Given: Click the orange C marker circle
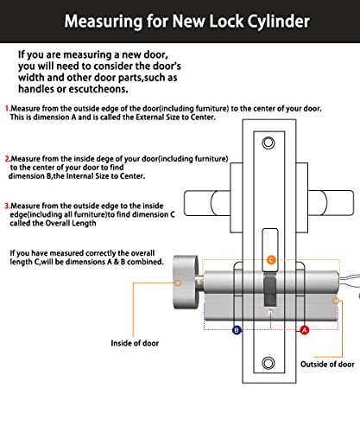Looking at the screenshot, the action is click(271, 260).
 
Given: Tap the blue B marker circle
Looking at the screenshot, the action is click(237, 330).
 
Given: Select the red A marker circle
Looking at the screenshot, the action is click(304, 330).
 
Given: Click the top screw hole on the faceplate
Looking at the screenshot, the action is click(268, 143).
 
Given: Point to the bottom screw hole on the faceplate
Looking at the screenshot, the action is click(268, 363).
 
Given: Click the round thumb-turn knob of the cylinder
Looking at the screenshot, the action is click(186, 283).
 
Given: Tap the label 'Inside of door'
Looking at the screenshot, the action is click(135, 343).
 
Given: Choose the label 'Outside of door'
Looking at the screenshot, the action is click(327, 365).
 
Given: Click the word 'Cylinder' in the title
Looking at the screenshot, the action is click(278, 22).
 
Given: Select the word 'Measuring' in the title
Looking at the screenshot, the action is click(103, 22).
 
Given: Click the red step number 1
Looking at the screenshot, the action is click(7, 109).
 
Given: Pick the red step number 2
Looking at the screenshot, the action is click(7, 159).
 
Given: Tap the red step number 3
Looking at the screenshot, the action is click(7, 206).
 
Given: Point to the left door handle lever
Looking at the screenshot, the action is click(207, 203).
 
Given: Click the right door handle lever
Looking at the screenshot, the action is click(331, 203).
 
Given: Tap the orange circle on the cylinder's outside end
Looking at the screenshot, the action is click(336, 301).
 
